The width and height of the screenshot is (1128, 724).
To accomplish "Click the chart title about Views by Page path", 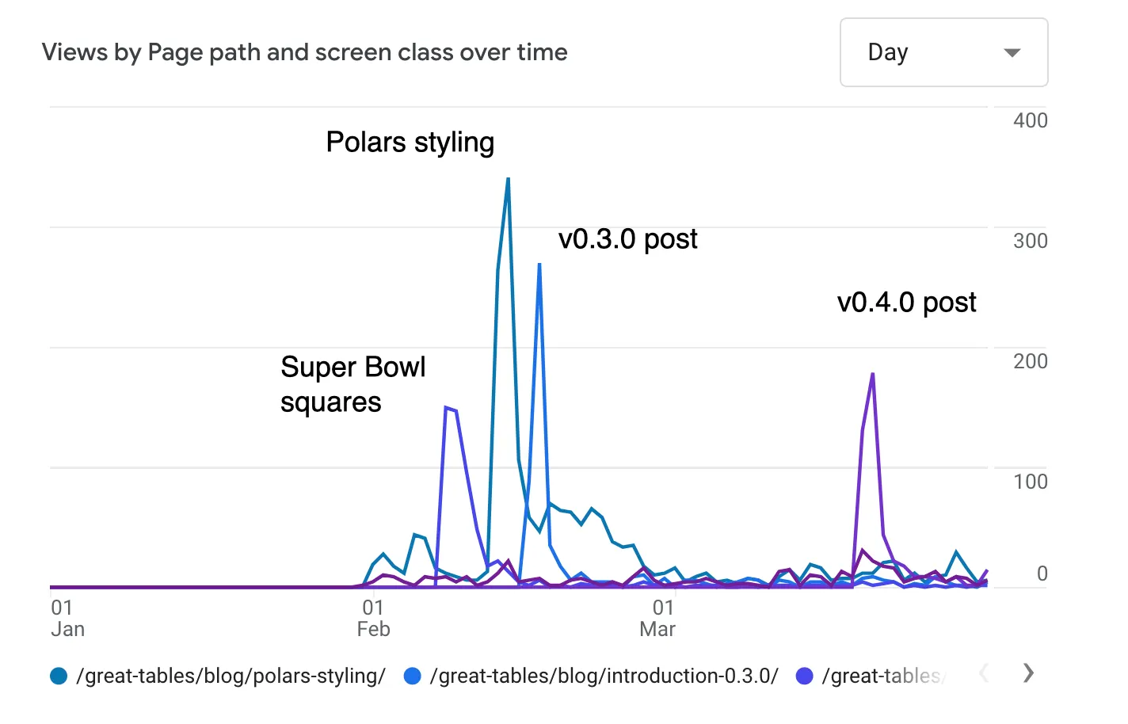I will [x=305, y=52].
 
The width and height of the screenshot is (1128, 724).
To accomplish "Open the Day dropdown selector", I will [x=943, y=52].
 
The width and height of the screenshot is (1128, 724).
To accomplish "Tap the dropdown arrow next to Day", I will [x=1012, y=53].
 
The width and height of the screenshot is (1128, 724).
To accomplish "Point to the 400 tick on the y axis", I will [x=1030, y=120].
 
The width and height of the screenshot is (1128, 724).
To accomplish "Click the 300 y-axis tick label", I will [x=1030, y=241].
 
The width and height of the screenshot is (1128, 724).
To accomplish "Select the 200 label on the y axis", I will [x=1030, y=361].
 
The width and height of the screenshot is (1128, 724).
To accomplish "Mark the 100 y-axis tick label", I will [x=1030, y=482].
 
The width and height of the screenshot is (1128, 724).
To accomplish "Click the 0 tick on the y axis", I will [x=1042, y=573].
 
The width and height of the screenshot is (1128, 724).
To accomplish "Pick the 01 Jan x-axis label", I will [x=67, y=619].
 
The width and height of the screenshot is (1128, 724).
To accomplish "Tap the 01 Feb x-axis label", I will [x=373, y=619].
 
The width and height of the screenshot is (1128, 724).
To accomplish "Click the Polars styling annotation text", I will [x=410, y=143].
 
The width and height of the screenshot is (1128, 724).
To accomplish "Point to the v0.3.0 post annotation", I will [x=627, y=239].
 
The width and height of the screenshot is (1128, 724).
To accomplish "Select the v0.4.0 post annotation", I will [x=906, y=303].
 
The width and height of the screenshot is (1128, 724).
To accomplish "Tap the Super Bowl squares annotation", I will [x=352, y=385].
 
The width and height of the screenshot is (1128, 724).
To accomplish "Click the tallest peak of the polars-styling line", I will [x=508, y=179].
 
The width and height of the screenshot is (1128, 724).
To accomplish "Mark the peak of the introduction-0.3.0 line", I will [x=539, y=265].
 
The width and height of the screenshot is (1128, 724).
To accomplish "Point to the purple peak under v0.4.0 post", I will [x=872, y=374].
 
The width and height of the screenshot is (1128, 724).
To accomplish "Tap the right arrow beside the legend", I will [x=1028, y=673].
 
